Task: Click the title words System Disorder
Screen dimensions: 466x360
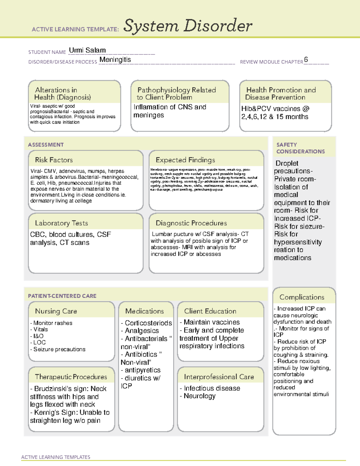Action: (x=188, y=26)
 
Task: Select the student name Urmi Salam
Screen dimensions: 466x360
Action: (x=87, y=50)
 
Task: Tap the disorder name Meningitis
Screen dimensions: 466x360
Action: (x=115, y=60)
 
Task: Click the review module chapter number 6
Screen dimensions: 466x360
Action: (x=306, y=59)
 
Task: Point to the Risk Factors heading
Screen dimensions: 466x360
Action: (x=54, y=160)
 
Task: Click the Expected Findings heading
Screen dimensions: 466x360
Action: (x=185, y=160)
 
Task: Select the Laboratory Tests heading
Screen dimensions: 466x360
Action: (x=61, y=223)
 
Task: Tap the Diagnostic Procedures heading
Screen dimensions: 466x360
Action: (x=191, y=223)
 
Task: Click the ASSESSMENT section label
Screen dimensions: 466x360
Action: (x=46, y=145)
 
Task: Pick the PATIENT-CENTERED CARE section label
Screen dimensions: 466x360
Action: (x=62, y=296)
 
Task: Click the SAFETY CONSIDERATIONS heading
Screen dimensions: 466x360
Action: (x=300, y=148)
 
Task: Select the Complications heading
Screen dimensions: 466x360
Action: (x=302, y=297)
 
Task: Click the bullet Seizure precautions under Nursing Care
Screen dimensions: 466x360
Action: (x=59, y=349)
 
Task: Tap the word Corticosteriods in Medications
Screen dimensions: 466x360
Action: (x=148, y=323)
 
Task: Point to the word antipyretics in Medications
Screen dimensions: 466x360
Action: (x=142, y=370)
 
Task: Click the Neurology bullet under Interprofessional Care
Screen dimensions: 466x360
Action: (x=199, y=396)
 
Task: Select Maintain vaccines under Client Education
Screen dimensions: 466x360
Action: (x=211, y=322)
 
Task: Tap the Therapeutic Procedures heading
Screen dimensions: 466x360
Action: (x=71, y=377)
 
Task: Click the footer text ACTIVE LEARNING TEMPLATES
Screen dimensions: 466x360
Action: (x=56, y=457)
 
